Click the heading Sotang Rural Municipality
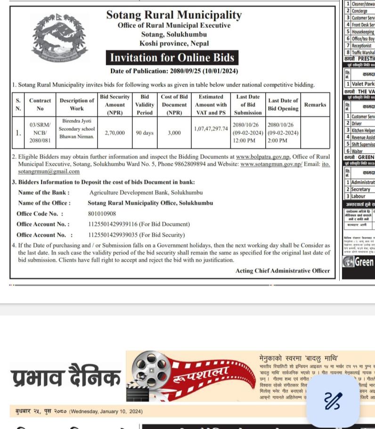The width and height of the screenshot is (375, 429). pyautogui.click(x=174, y=15)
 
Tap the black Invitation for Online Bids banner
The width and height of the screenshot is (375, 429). pyautogui.click(x=172, y=58)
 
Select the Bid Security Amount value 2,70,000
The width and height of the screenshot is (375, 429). pyautogui.click(x=114, y=133)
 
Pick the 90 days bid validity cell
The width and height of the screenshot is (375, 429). pyautogui.click(x=145, y=133)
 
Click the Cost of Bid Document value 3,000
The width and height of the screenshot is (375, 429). pyautogui.click(x=174, y=133)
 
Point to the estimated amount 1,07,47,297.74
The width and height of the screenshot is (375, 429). pyautogui.click(x=211, y=129)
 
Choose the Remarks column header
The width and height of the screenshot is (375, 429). pyautogui.click(x=315, y=105)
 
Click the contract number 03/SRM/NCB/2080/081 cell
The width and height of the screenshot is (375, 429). pyautogui.click(x=40, y=133)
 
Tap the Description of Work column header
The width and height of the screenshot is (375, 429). pyautogui.click(x=77, y=105)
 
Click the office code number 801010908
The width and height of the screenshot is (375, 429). pyautogui.click(x=102, y=214)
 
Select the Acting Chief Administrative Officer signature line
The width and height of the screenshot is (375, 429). pyautogui.click(x=283, y=271)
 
